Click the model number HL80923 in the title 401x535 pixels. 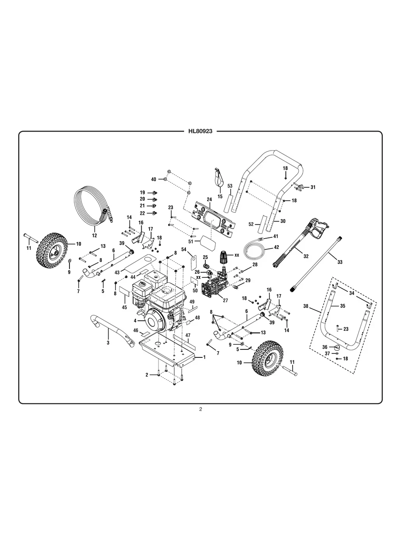[x=200, y=131]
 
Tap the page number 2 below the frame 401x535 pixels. [x=200, y=409]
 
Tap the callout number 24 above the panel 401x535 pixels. [x=209, y=200]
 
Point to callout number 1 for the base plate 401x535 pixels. [x=204, y=357]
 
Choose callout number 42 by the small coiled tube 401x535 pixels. [x=276, y=247]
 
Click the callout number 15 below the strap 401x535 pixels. [x=220, y=196]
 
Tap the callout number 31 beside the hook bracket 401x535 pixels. [x=312, y=187]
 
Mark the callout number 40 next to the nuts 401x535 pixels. [x=154, y=179]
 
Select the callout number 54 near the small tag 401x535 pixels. [x=183, y=249]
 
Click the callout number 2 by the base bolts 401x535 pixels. [x=147, y=375]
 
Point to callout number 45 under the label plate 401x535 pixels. [x=124, y=307]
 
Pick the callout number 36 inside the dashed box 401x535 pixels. [x=324, y=347]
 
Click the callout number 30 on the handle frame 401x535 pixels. [x=283, y=221]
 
